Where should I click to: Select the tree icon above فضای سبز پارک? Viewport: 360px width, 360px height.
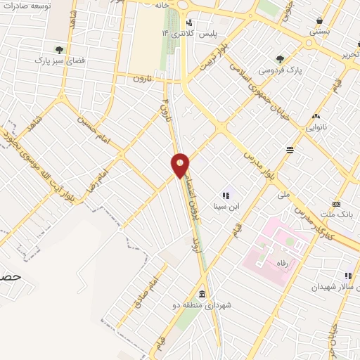[59, 50]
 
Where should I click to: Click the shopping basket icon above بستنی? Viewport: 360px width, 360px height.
[321, 20]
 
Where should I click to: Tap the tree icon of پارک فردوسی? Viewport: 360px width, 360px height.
[281, 59]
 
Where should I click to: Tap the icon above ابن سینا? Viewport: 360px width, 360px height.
[226, 195]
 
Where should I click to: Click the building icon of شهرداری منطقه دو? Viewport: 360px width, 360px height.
[202, 294]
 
